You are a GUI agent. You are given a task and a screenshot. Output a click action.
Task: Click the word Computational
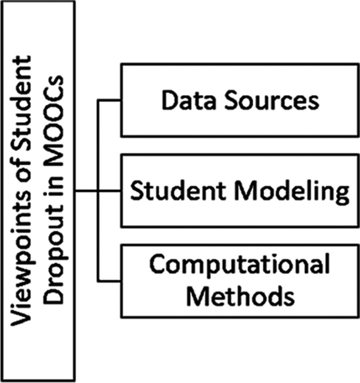click(238, 266)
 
